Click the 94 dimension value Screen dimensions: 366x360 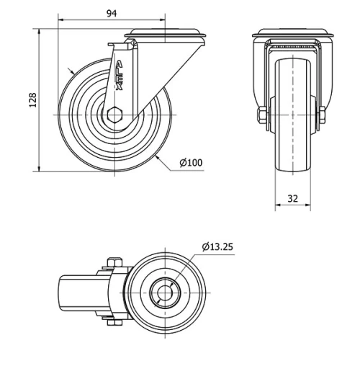(x=112, y=13)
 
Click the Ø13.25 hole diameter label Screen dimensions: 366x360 (x=217, y=247)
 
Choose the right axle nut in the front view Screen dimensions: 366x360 (x=323, y=115)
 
